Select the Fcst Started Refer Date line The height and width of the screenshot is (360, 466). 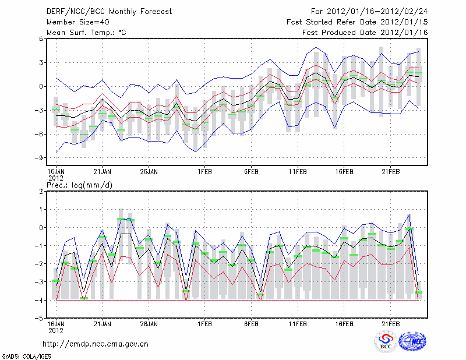point(357,22)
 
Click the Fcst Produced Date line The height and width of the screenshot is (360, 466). point(365,32)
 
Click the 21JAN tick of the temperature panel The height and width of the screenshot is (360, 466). point(103,172)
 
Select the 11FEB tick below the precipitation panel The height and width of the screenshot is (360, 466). point(298,324)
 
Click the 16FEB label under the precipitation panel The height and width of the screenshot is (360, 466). point(344,324)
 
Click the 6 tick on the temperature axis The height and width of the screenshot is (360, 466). point(41,38)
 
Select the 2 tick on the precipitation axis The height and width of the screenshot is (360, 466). point(41,191)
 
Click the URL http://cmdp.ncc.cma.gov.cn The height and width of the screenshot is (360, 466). point(96,344)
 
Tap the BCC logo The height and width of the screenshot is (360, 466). point(386,342)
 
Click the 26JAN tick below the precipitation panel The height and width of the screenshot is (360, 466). point(149,324)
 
